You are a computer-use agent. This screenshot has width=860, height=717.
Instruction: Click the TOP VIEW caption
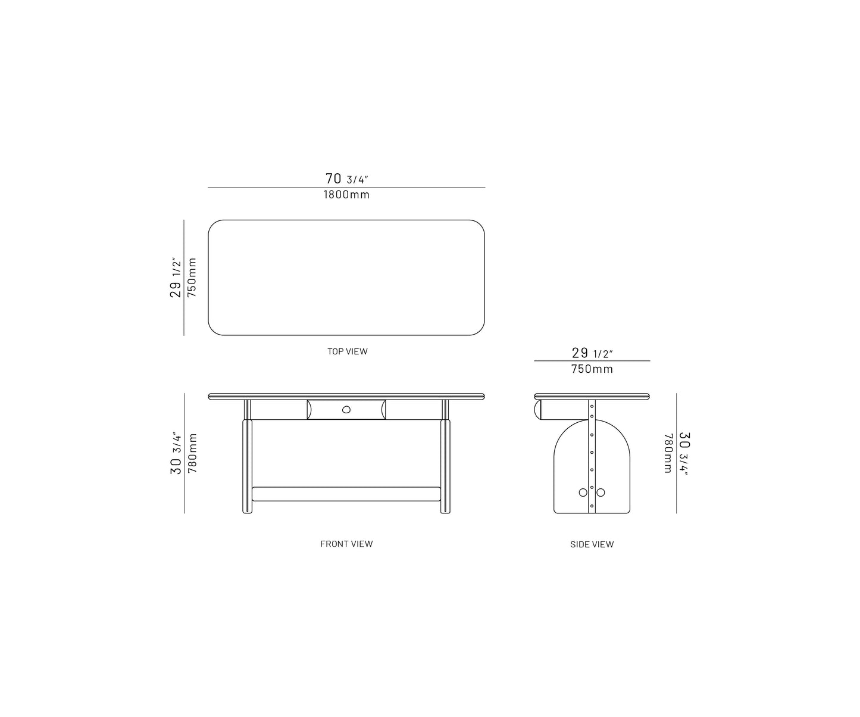(x=347, y=351)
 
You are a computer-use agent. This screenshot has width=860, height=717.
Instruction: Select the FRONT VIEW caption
(x=346, y=544)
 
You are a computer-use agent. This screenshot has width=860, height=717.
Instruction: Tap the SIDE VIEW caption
(x=592, y=544)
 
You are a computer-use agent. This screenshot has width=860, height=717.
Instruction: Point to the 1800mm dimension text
(x=346, y=195)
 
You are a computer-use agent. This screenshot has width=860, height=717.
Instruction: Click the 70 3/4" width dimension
(x=346, y=179)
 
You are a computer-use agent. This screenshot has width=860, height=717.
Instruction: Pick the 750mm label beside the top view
(x=192, y=278)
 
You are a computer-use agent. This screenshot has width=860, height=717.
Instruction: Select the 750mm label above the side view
(x=592, y=369)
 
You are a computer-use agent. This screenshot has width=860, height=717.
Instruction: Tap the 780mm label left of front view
(x=192, y=453)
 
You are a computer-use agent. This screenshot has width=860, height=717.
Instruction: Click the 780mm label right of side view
(x=668, y=453)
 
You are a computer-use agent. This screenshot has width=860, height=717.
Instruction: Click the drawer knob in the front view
(x=346, y=410)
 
